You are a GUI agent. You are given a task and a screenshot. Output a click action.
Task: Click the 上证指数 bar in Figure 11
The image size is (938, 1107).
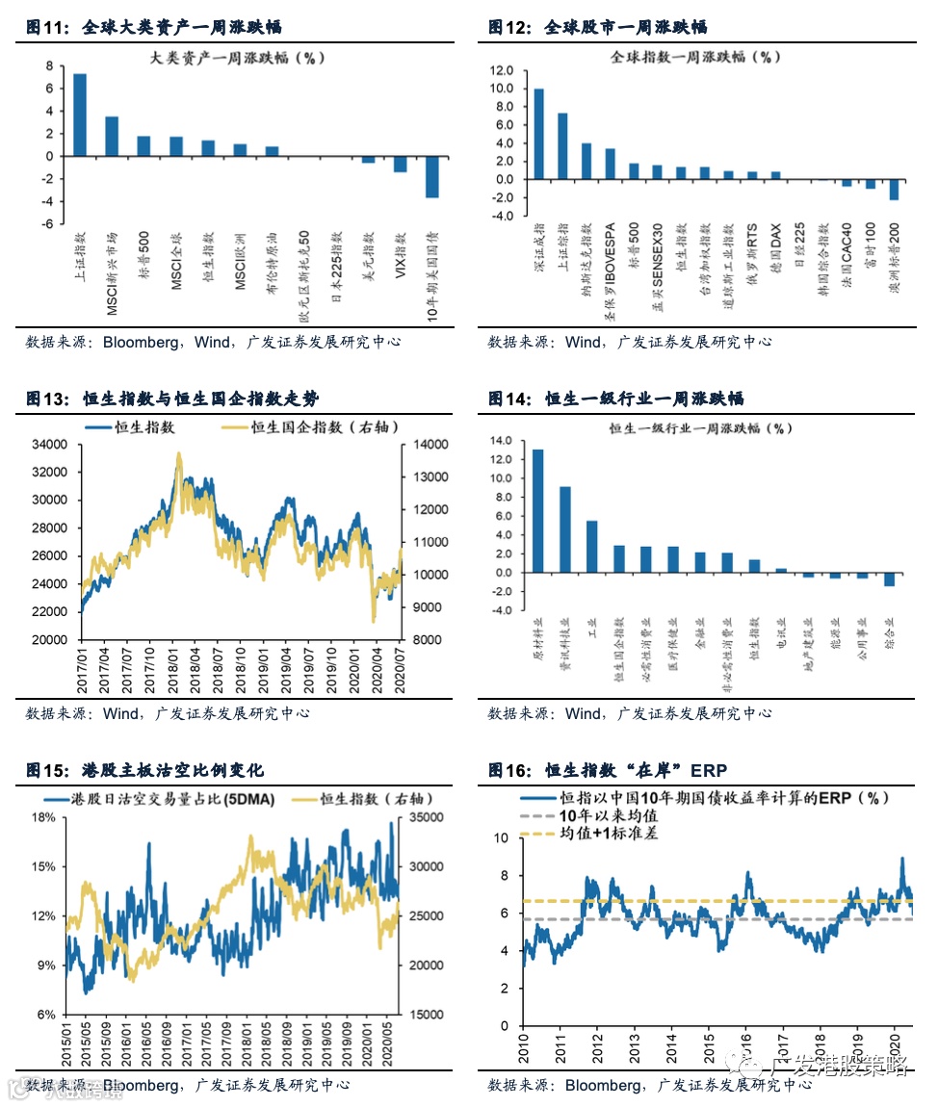80,115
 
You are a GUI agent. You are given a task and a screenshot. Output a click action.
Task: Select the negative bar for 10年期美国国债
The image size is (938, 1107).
432,177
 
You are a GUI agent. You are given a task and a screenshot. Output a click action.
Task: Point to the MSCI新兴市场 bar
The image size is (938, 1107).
112,136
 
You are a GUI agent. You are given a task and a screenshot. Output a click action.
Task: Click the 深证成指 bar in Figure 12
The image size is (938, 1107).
538,134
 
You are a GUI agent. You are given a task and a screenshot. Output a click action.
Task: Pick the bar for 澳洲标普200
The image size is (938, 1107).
894,190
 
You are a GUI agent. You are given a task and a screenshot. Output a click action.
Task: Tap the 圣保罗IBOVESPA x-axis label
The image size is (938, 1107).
611,270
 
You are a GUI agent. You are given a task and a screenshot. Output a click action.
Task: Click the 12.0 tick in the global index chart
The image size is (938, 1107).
503,70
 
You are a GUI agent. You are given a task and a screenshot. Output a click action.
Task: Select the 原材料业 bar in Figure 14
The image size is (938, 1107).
537,511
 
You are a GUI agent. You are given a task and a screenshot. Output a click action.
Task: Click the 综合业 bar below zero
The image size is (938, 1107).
889,579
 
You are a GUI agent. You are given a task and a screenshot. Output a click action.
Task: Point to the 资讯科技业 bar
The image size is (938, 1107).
565,529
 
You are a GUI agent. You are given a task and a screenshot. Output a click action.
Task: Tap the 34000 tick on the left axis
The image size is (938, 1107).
48,445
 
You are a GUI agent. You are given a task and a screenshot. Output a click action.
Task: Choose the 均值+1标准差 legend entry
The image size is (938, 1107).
608,834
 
